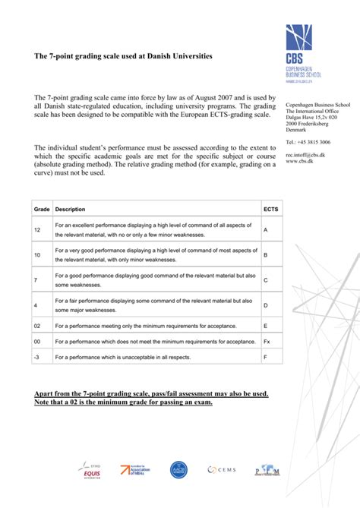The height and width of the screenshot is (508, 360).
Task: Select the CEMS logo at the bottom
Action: pyautogui.click(x=223, y=471)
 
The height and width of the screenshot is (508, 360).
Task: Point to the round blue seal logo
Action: pyautogui.click(x=178, y=471)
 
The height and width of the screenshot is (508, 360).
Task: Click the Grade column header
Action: pyautogui.click(x=41, y=209)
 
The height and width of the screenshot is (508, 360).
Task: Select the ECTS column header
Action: pyautogui.click(x=270, y=209)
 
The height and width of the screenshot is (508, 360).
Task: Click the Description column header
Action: pyautogui.click(x=71, y=209)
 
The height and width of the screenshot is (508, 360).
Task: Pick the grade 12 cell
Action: pyautogui.click(x=37, y=229)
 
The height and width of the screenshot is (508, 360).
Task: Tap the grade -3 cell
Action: pyautogui.click(x=37, y=356)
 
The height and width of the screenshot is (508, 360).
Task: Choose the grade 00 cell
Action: pyautogui.click(x=37, y=341)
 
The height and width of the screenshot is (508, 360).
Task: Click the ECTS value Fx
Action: pyautogui.click(x=267, y=341)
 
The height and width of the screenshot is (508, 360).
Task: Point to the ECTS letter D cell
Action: pyautogui.click(x=266, y=304)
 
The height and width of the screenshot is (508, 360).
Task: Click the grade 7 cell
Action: pyautogui.click(x=36, y=279)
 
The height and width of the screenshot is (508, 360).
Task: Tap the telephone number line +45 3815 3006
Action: pyautogui.click(x=308, y=142)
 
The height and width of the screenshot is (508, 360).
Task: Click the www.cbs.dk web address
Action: pyautogui.click(x=298, y=161)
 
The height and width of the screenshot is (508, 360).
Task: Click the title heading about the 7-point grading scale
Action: pyautogui.click(x=124, y=57)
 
